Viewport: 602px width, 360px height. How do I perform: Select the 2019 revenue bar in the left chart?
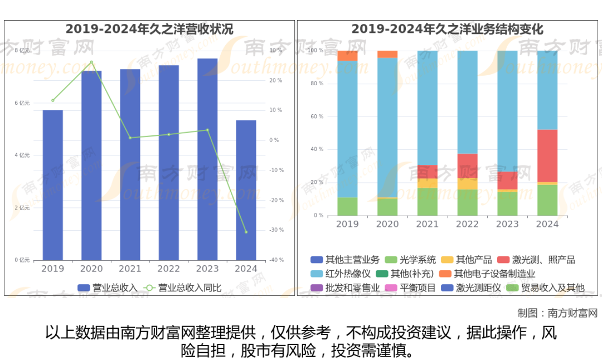[53, 185]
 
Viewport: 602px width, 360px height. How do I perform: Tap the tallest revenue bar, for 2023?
[207, 159]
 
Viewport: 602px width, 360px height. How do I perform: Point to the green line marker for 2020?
[91, 62]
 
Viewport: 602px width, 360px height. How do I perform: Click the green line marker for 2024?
[246, 232]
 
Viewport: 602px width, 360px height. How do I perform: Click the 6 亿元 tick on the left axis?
[22, 103]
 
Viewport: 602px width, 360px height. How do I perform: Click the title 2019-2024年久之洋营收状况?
[149, 29]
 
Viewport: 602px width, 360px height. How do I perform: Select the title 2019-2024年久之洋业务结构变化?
[447, 29]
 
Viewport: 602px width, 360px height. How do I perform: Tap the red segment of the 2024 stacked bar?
[547, 155]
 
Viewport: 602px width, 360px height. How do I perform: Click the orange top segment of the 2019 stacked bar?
[347, 56]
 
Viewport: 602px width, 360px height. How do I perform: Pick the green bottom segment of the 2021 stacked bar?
[428, 202]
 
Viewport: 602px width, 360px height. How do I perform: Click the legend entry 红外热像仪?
[341, 274]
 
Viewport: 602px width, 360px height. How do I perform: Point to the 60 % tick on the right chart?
[317, 116]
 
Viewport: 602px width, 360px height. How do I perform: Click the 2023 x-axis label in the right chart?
[507, 224]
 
